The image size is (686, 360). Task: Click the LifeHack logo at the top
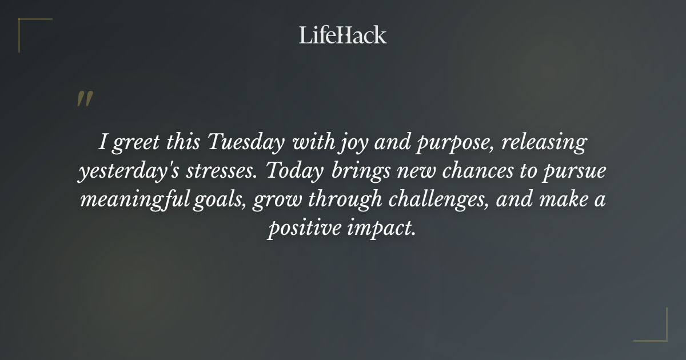(x=342, y=35)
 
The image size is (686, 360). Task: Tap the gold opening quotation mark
(x=84, y=99)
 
